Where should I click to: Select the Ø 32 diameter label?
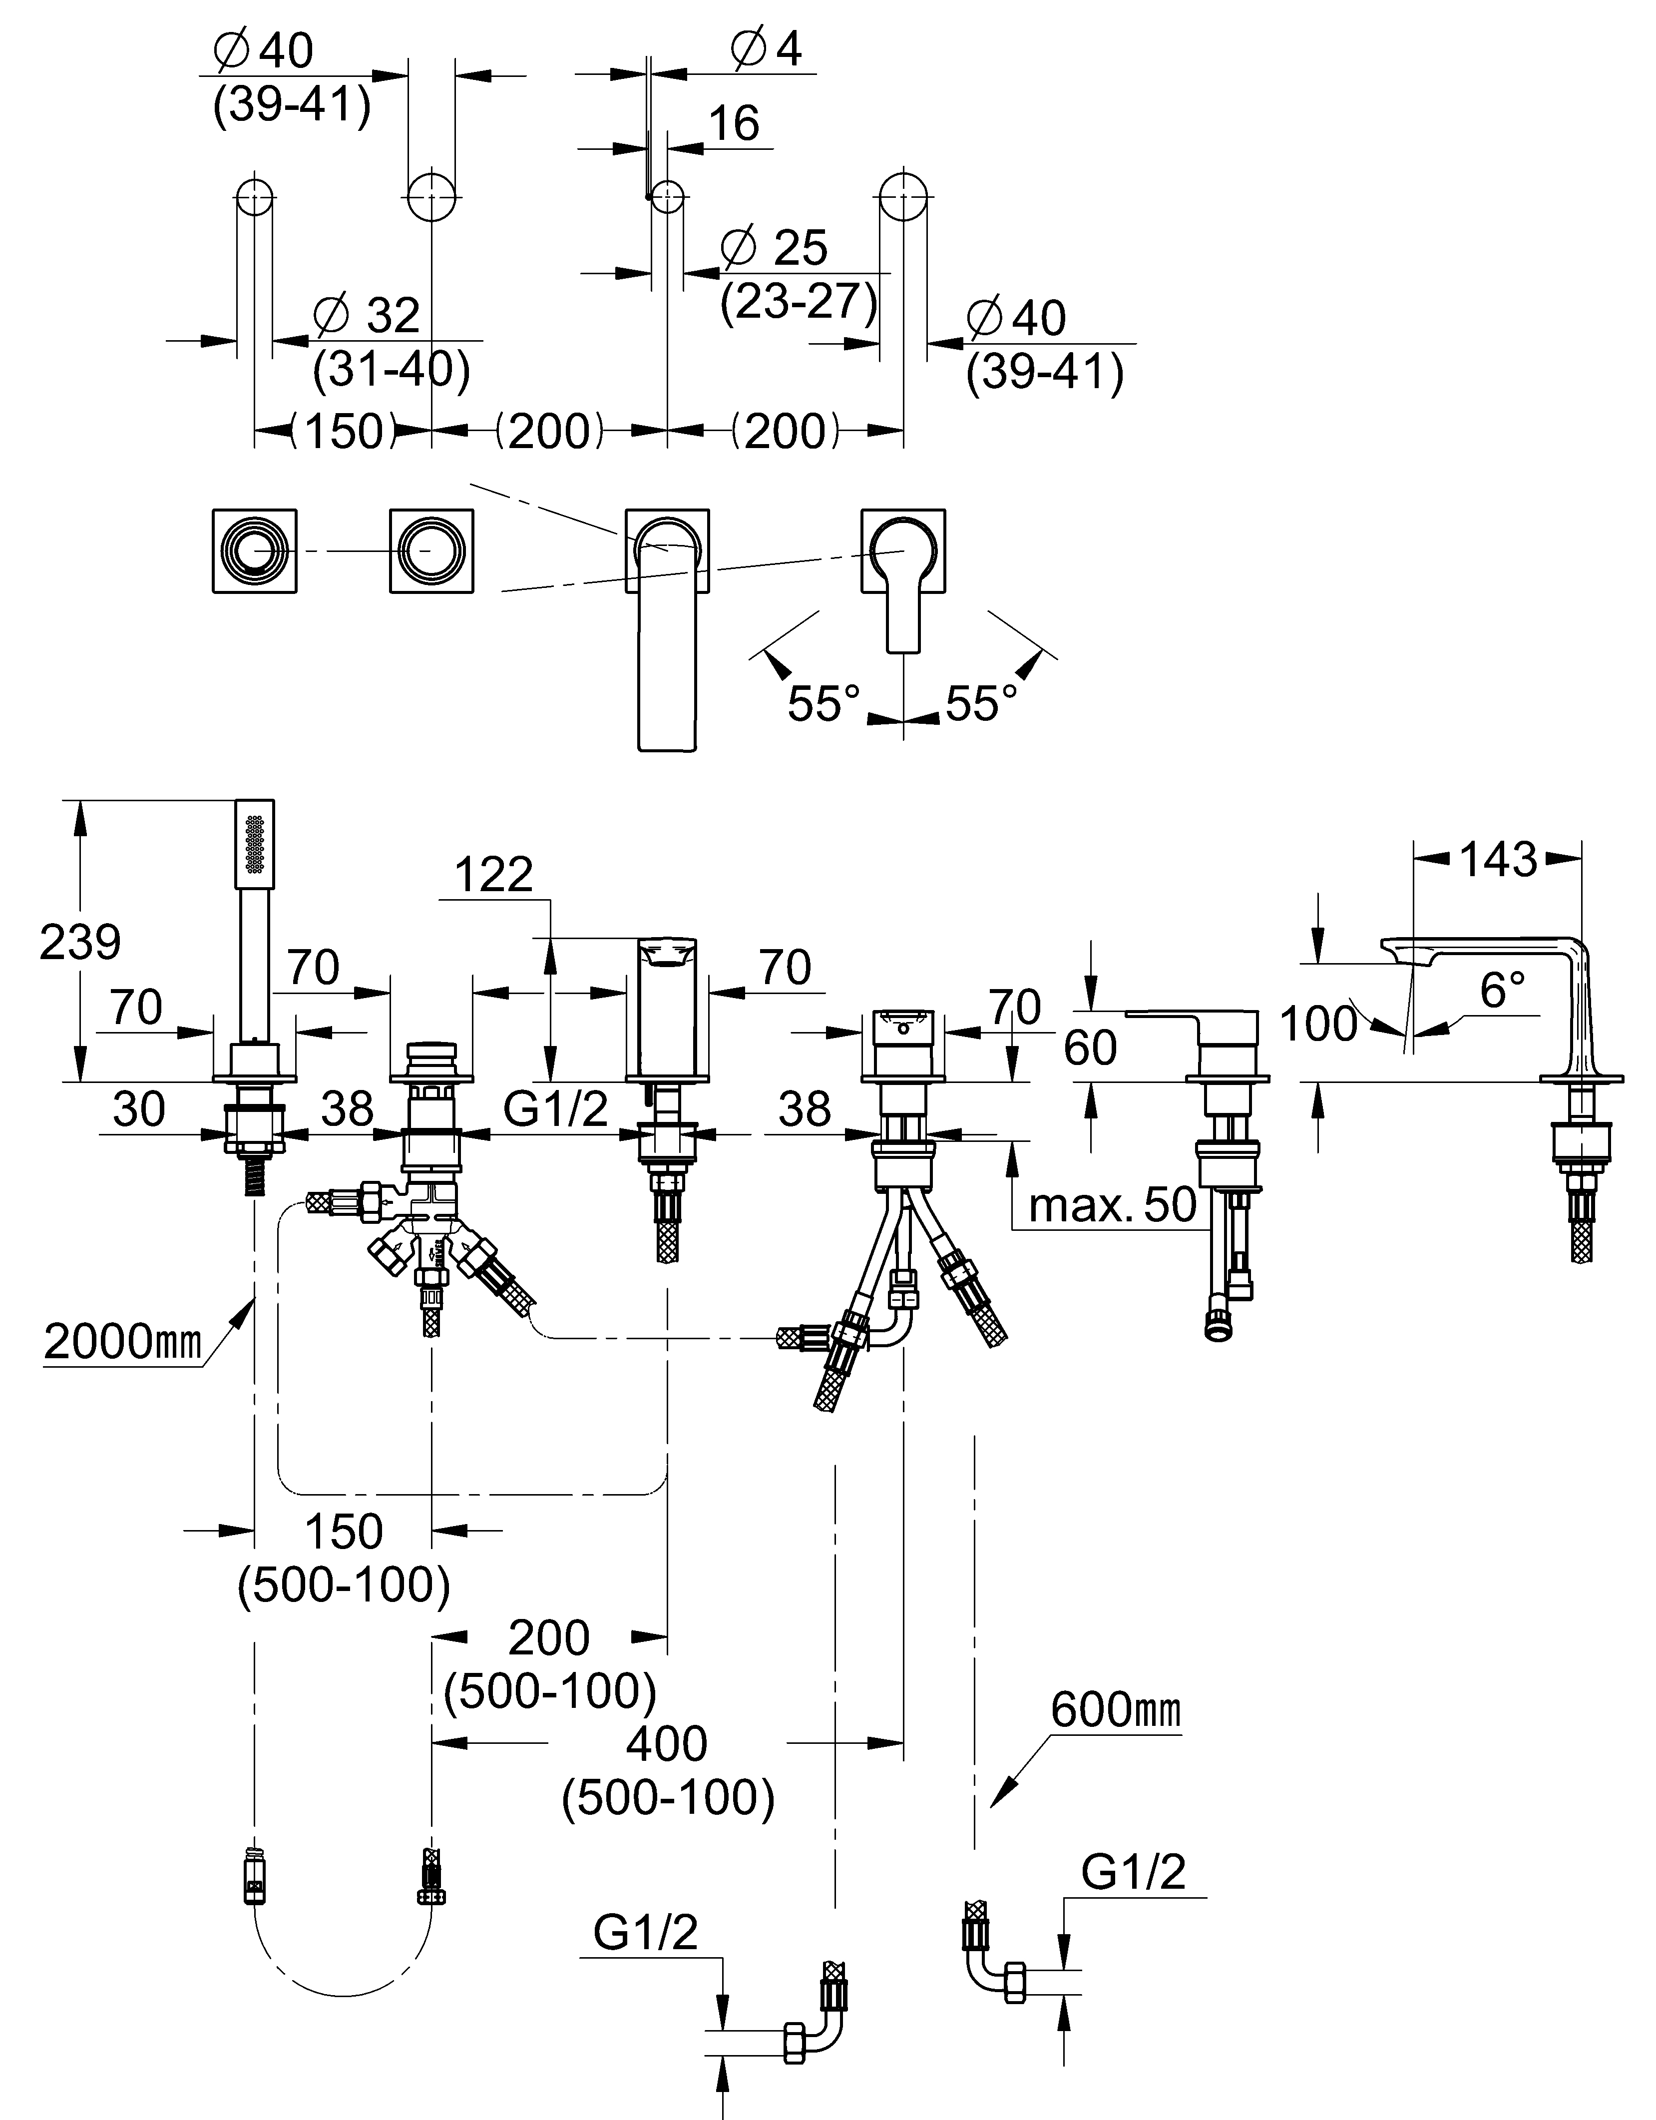(367, 316)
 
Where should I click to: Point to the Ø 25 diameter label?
(775, 248)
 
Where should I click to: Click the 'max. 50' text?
(1113, 1205)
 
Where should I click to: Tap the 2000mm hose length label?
(122, 1342)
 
